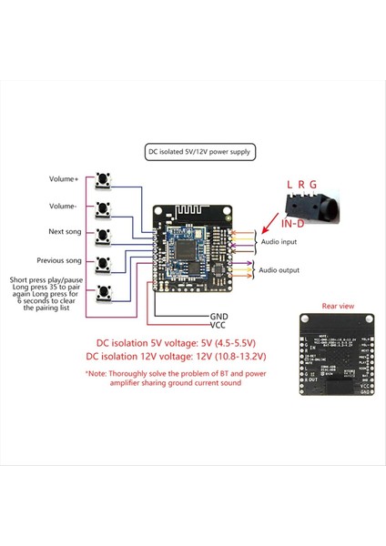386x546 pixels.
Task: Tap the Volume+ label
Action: (65, 178)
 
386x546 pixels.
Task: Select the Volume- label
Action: (65, 206)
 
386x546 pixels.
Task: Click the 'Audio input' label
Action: (279, 242)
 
